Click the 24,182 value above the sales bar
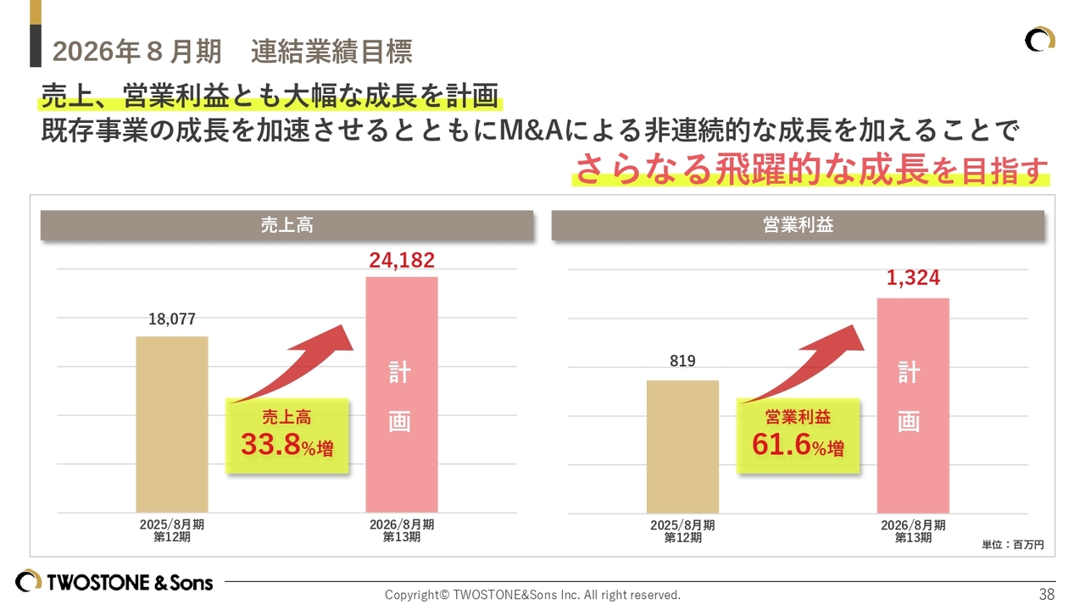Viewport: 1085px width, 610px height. (402, 260)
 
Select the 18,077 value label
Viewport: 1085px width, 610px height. (172, 319)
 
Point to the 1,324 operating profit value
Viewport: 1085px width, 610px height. (913, 278)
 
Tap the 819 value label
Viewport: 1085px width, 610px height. (682, 361)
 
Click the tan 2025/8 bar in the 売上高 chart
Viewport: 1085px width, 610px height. (172, 424)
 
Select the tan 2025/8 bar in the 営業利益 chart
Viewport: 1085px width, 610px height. (682, 446)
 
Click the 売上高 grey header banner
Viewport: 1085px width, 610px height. (287, 226)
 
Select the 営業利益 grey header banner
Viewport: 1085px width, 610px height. (798, 226)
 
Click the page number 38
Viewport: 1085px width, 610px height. (1047, 594)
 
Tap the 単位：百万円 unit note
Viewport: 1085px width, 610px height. (1013, 545)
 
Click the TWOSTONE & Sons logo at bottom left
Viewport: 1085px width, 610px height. (114, 581)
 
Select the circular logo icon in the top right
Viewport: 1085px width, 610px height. (1039, 40)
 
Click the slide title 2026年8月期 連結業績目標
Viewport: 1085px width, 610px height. (232, 52)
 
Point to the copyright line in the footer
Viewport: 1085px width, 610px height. (532, 595)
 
